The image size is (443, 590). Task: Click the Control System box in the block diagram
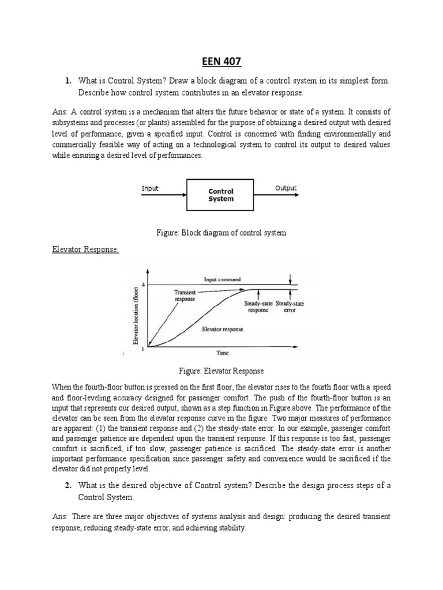pyautogui.click(x=220, y=195)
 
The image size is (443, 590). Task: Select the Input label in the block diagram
pyautogui.click(x=151, y=188)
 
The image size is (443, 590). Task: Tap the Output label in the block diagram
pyautogui.click(x=286, y=188)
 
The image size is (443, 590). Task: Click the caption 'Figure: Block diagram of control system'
pyautogui.click(x=221, y=233)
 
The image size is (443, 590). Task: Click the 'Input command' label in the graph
pyautogui.click(x=222, y=279)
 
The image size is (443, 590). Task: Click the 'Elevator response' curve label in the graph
pyautogui.click(x=222, y=329)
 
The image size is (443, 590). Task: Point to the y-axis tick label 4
pyautogui.click(x=142, y=285)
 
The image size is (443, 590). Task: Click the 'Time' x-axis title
pyautogui.click(x=222, y=352)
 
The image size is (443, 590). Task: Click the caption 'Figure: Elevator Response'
pyautogui.click(x=221, y=371)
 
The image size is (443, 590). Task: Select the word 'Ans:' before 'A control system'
pyautogui.click(x=60, y=112)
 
